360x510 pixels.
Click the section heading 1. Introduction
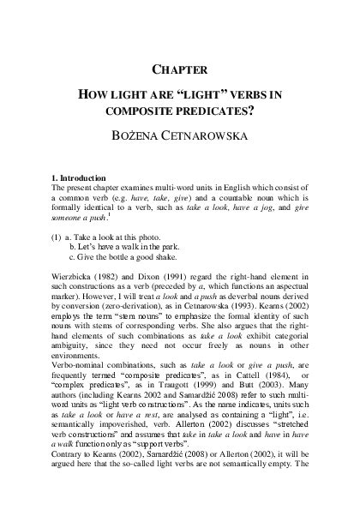pos(83,176)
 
